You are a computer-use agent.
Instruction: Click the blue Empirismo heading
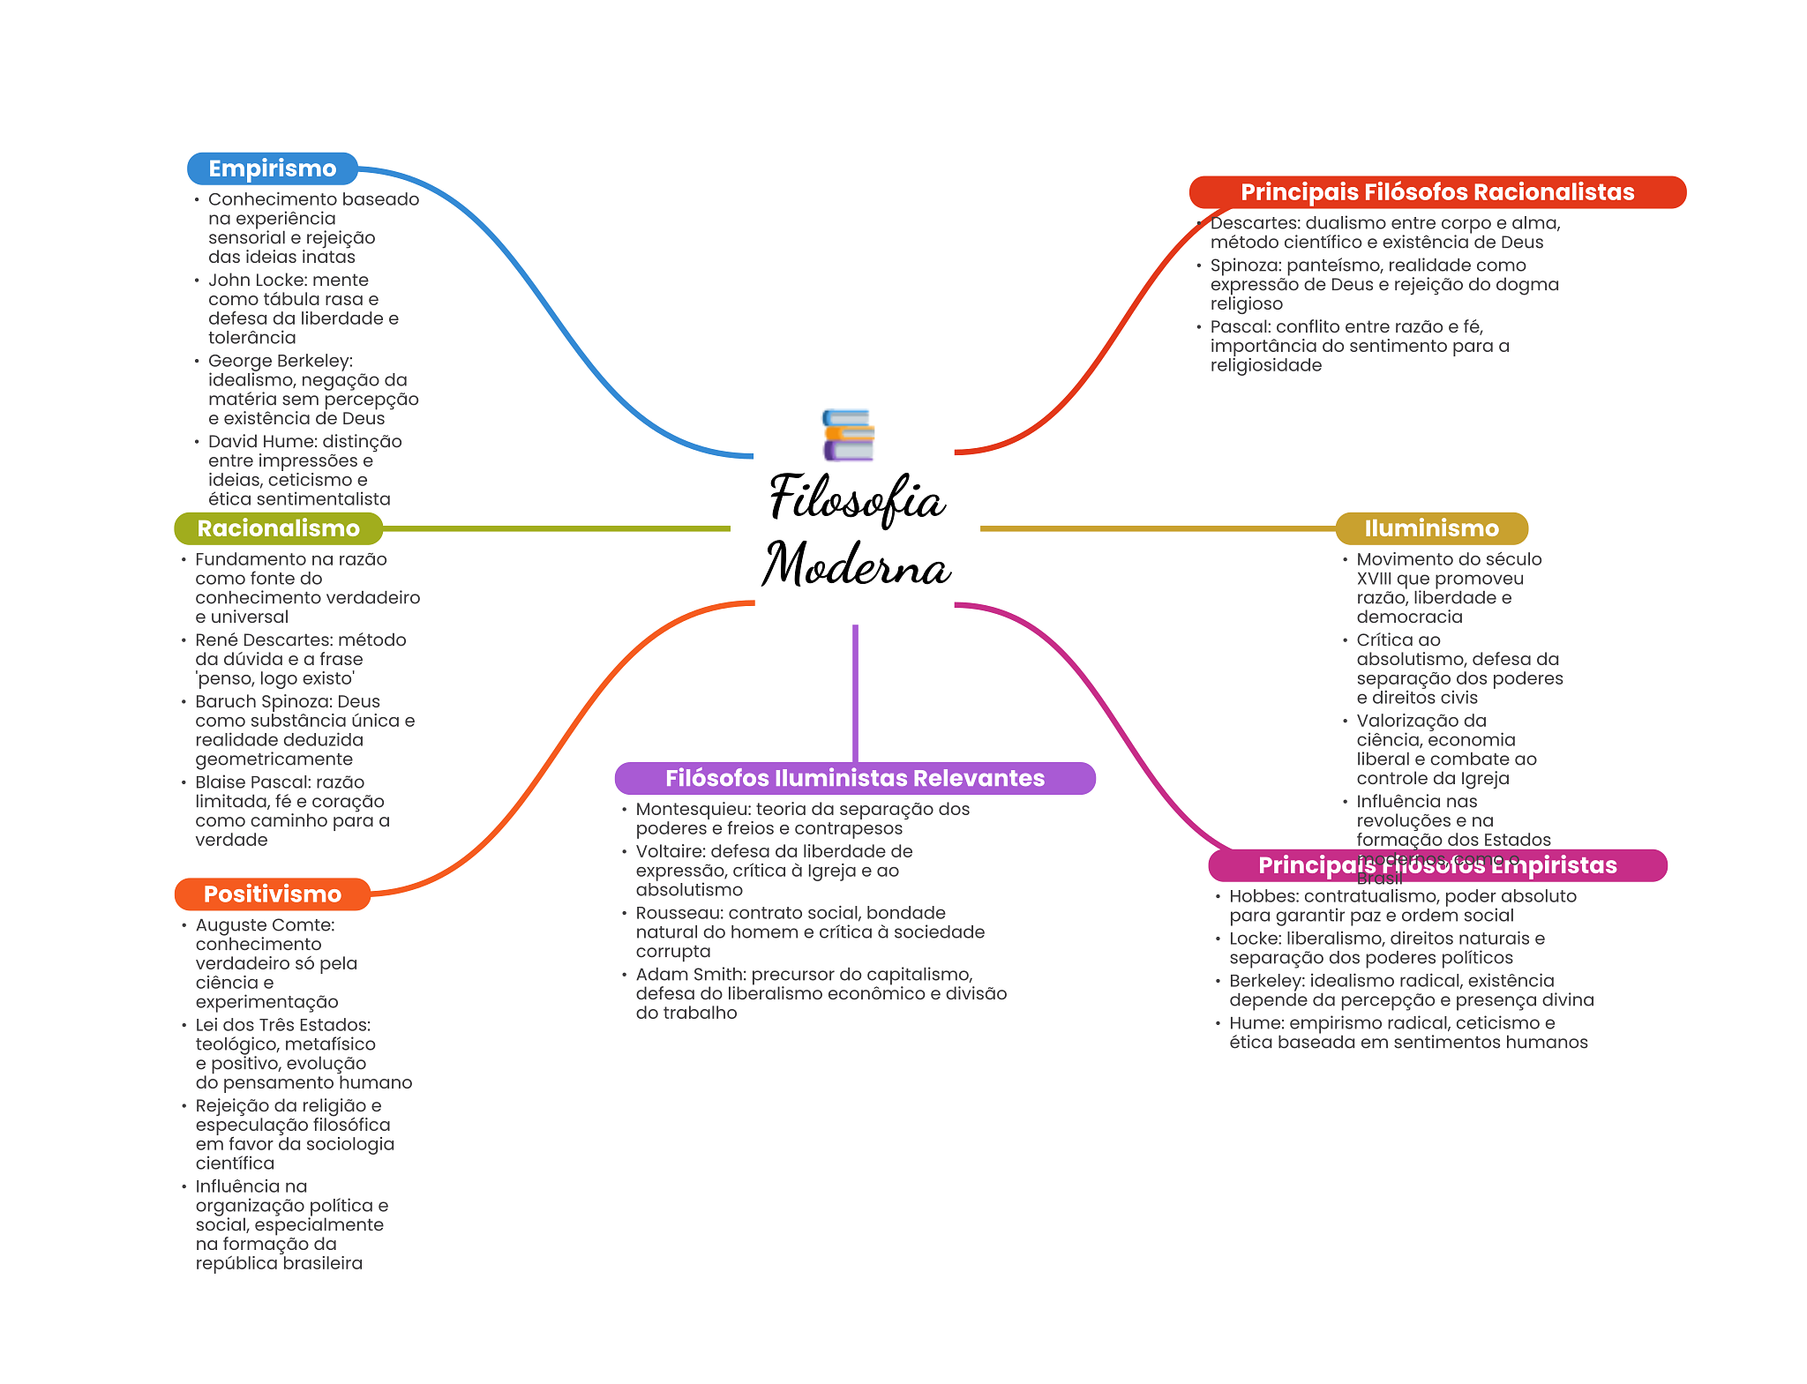point(272,168)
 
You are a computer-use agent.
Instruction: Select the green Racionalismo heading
point(278,528)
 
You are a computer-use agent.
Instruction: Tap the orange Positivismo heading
point(272,894)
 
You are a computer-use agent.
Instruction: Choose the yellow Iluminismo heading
point(1431,528)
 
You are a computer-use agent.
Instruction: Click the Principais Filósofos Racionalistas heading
point(1436,192)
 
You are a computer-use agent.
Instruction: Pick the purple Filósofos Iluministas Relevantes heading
point(854,778)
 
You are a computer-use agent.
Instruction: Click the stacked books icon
point(848,435)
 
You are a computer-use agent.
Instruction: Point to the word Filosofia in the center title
point(857,498)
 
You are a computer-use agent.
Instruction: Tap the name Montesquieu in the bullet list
point(692,810)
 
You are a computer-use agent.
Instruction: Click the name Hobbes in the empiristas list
point(1262,896)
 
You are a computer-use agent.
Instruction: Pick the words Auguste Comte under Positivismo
point(264,925)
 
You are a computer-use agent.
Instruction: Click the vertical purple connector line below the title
point(855,692)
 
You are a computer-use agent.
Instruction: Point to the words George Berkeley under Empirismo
point(279,361)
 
